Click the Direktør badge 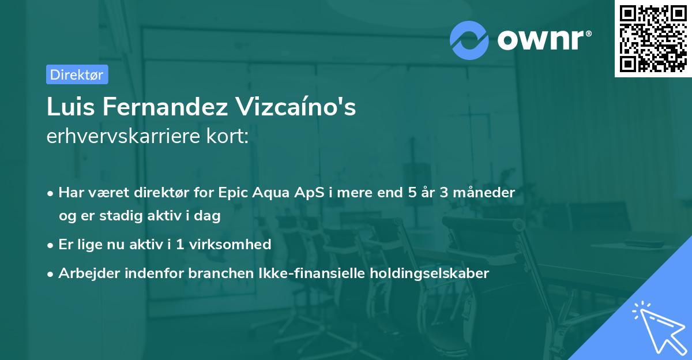pos(77,74)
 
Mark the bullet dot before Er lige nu pos(51,245)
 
